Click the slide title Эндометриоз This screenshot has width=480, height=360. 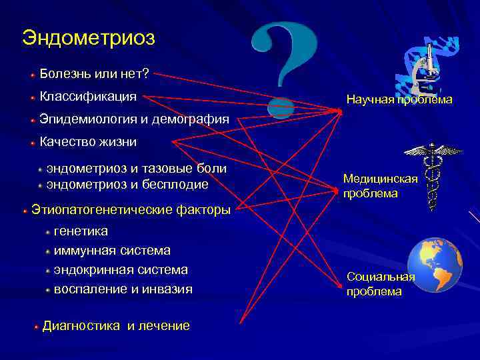(88, 37)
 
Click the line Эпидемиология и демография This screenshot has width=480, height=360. (134, 120)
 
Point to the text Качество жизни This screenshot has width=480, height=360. (88, 141)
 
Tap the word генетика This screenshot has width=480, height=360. (81, 231)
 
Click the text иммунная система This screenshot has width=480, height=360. (112, 250)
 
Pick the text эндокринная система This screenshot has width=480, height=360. (121, 269)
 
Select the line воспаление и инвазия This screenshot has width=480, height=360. (123, 289)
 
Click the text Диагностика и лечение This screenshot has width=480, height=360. (116, 326)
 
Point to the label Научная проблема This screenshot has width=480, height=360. (399, 99)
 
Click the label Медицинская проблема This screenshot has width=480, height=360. (380, 186)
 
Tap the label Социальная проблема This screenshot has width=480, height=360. (380, 285)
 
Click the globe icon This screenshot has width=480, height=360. (434, 265)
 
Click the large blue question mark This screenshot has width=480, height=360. (285, 67)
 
